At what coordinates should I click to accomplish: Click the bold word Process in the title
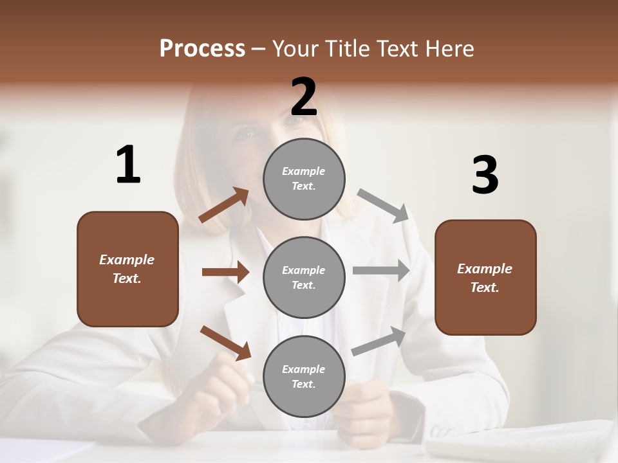202,49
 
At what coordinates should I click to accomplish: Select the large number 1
128,165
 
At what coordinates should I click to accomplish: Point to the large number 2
304,97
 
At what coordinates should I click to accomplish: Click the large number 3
485,176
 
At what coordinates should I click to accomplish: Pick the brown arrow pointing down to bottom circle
225,343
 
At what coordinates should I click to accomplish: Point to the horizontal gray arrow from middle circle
381,271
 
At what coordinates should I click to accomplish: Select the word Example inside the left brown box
127,260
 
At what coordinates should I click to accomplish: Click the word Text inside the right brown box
484,287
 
